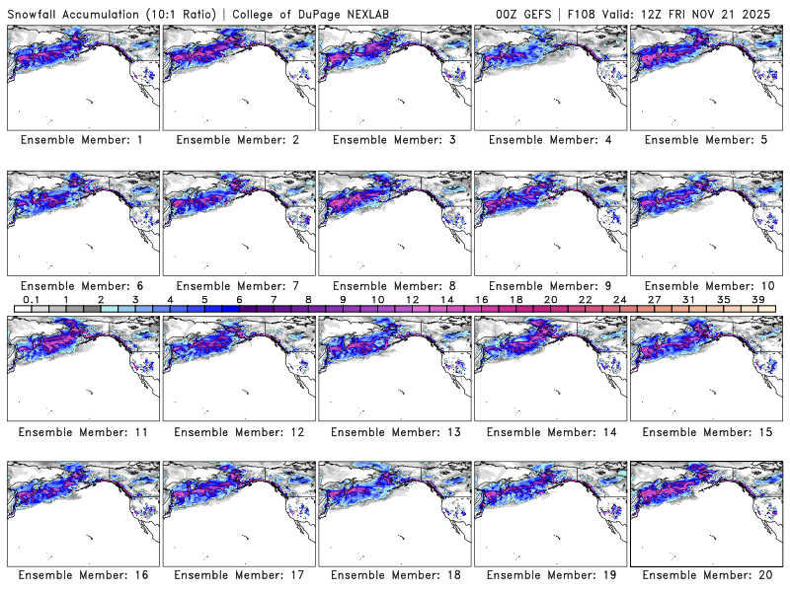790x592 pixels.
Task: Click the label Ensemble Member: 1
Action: click(82, 140)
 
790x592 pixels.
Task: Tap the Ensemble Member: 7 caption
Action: click(237, 284)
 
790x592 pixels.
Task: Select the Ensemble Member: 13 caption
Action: click(393, 430)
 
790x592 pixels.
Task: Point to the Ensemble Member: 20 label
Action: click(705, 574)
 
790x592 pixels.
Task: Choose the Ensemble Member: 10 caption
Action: click(705, 284)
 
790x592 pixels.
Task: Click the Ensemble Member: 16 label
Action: click(82, 574)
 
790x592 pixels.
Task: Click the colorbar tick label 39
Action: click(758, 299)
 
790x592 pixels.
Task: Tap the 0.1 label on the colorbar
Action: click(31, 299)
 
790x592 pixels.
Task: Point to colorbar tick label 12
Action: click(412, 299)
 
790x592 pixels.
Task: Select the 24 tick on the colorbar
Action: click(620, 299)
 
